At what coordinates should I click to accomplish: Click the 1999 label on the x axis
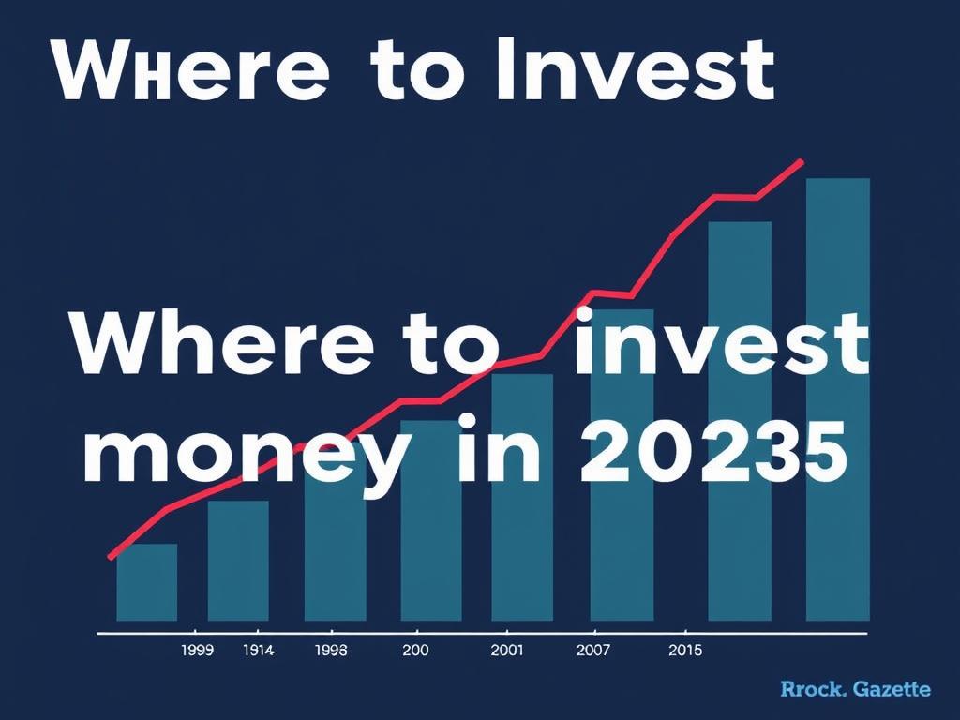click(x=198, y=651)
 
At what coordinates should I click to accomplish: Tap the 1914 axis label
click(x=259, y=651)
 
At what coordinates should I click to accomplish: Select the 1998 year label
click(x=331, y=651)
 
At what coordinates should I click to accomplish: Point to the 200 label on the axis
click(x=415, y=651)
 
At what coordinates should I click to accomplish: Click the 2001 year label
click(x=507, y=651)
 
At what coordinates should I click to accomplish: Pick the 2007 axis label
click(x=592, y=651)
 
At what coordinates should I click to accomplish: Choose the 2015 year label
click(x=685, y=651)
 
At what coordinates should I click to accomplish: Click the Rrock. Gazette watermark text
click(x=855, y=689)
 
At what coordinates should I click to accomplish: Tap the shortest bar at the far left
click(x=147, y=582)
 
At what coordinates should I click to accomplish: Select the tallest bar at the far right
click(x=837, y=399)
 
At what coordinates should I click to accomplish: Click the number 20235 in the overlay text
click(x=713, y=453)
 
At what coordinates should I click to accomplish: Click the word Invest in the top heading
click(x=636, y=68)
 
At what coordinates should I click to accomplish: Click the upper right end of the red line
click(x=801, y=162)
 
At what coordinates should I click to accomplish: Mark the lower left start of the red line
click(x=111, y=557)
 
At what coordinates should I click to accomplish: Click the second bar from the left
click(x=238, y=561)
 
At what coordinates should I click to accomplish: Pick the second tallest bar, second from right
click(x=740, y=421)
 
